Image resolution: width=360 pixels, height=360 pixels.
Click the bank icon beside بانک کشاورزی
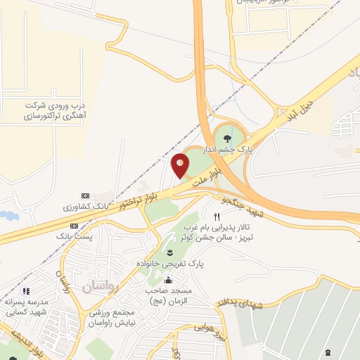pyautogui.click(x=86, y=195)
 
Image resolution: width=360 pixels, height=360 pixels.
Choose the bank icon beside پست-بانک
pyautogui.click(x=75, y=228)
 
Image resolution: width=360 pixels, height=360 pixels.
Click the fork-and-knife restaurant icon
pyautogui.click(x=216, y=217)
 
